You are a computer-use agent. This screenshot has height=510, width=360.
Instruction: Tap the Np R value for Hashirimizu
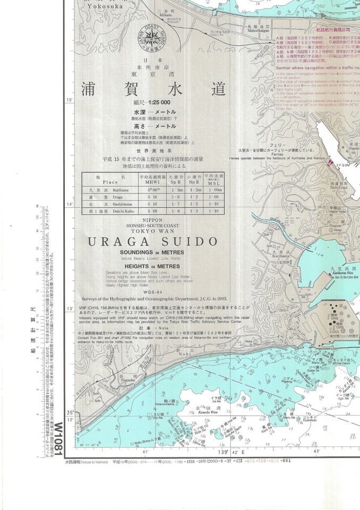[x=196, y=204]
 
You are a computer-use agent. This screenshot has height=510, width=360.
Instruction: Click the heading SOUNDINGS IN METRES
[x=150, y=253]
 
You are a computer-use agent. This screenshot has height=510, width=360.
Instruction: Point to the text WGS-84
[x=149, y=291]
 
